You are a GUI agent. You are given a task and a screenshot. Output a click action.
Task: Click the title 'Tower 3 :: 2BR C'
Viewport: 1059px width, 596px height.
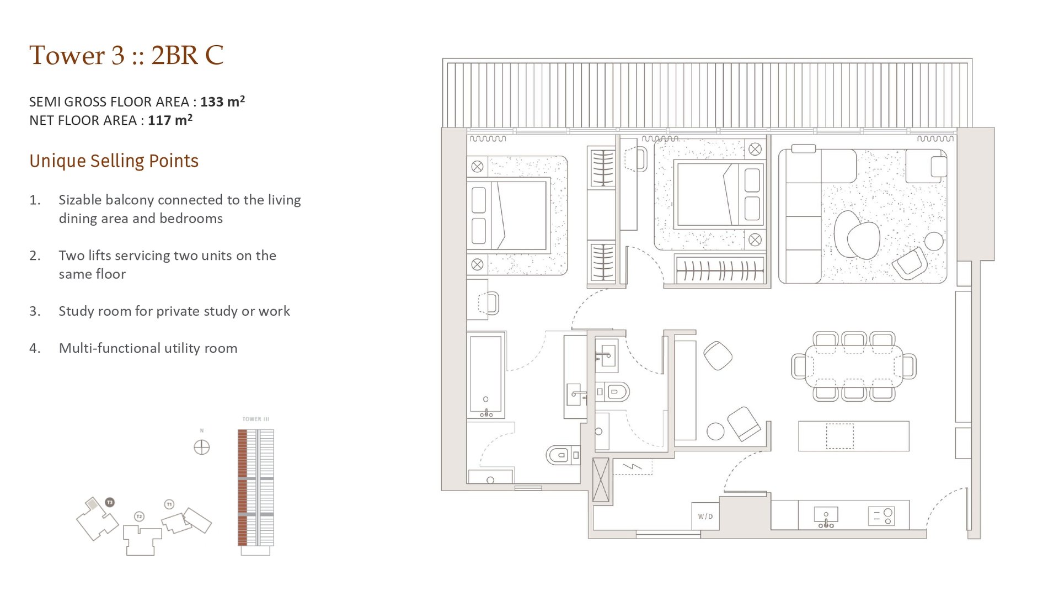click(x=126, y=55)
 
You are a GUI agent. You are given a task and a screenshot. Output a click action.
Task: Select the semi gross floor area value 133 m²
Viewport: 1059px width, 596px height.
click(x=222, y=102)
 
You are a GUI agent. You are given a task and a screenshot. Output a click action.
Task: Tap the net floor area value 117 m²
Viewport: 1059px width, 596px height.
click(x=170, y=120)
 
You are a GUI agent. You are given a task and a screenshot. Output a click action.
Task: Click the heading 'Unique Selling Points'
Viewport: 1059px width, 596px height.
click(x=114, y=161)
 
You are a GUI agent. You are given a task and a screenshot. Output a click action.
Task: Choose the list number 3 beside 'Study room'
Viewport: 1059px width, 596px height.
click(x=35, y=311)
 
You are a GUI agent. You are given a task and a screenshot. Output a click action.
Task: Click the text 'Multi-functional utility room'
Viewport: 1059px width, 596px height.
click(x=148, y=348)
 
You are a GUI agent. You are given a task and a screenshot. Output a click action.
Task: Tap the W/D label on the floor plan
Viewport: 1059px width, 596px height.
click(x=705, y=517)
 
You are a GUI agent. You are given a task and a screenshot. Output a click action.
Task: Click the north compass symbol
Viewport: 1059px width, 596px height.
click(x=202, y=447)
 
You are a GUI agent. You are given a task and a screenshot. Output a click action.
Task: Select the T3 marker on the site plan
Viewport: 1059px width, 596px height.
click(x=110, y=502)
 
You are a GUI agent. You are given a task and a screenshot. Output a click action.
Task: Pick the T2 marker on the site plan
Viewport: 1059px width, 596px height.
click(x=139, y=517)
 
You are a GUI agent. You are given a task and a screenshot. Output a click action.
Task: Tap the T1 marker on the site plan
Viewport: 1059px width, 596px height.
click(x=169, y=504)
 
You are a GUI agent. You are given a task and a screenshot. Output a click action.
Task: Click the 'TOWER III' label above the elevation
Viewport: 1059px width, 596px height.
click(x=256, y=419)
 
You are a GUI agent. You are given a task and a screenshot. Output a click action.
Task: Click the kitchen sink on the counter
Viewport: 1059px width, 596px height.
click(x=826, y=516)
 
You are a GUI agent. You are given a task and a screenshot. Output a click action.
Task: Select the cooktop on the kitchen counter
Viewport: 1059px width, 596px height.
click(x=881, y=517)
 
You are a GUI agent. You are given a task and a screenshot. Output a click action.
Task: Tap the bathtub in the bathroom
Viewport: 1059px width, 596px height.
click(x=485, y=375)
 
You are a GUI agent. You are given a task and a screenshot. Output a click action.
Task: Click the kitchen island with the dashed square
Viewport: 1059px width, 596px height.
click(x=853, y=436)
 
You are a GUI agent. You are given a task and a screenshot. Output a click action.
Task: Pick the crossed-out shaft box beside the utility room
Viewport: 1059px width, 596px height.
click(x=601, y=480)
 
